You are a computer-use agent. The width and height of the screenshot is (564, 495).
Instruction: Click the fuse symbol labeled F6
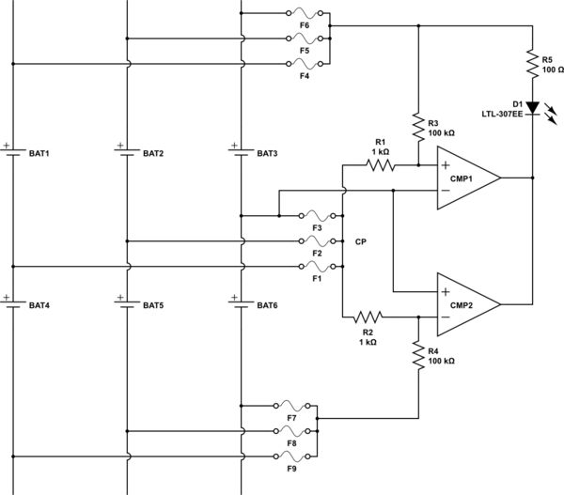click(x=304, y=14)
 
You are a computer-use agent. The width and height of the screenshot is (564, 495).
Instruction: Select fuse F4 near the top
click(x=304, y=64)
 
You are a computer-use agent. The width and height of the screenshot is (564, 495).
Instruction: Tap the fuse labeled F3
click(x=303, y=214)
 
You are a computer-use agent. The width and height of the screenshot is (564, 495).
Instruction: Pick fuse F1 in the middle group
click(x=303, y=266)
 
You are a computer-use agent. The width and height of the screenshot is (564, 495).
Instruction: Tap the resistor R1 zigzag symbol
click(x=381, y=164)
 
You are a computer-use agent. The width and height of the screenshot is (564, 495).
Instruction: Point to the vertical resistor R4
click(x=418, y=354)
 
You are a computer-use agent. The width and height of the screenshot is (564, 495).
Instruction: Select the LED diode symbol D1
click(x=533, y=108)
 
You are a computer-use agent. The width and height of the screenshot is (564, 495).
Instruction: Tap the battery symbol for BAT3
click(x=242, y=151)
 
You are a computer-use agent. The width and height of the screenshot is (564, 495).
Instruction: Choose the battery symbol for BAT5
click(x=127, y=304)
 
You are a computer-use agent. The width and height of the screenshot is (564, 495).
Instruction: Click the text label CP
click(x=360, y=241)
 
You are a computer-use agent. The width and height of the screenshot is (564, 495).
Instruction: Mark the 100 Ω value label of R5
click(x=552, y=69)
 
